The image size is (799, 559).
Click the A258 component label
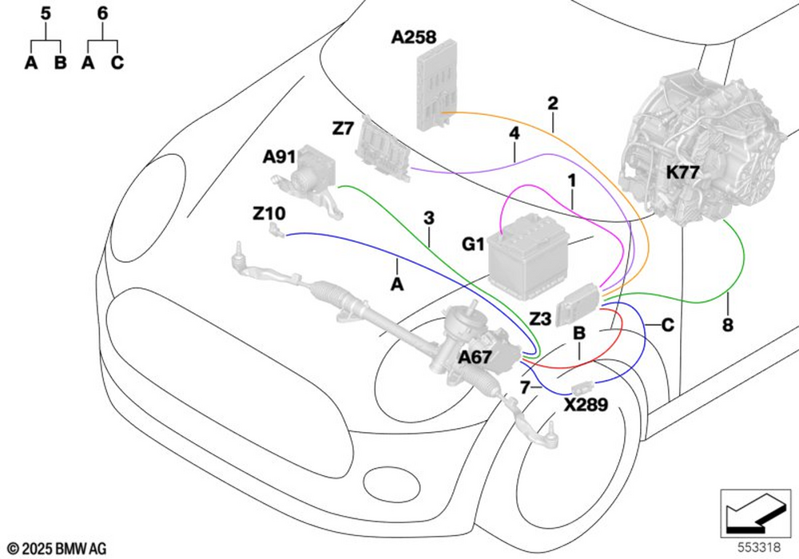tap(414, 38)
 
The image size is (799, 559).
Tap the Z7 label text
tap(343, 129)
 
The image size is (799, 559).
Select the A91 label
tap(279, 157)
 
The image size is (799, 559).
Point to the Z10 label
tap(269, 213)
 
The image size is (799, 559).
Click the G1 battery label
tap(473, 244)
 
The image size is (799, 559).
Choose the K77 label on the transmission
tap(683, 172)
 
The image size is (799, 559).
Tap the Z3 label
tap(540, 319)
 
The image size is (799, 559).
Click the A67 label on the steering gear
tap(475, 358)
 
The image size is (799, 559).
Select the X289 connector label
tap(586, 405)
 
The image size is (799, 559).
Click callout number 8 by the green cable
tap(728, 324)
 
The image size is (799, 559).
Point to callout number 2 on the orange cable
tap(553, 103)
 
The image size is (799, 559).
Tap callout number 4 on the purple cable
tap(515, 133)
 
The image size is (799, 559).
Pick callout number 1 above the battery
tap(572, 180)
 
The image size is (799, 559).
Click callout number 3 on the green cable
tap(429, 218)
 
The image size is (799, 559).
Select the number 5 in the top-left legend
tap(46, 14)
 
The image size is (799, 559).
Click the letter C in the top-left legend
tap(117, 62)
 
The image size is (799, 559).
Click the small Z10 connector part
tap(276, 230)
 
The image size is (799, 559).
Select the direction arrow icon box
tap(755, 513)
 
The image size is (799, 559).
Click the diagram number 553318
tap(759, 547)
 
